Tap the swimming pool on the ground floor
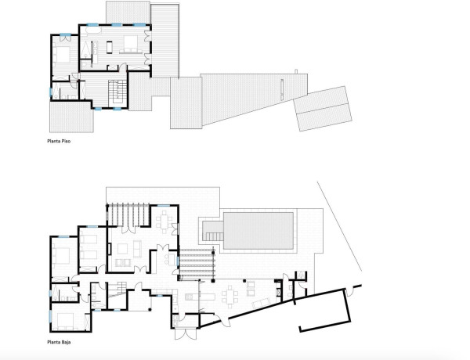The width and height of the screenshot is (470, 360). click(258, 229)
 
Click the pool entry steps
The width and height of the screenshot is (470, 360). click(211, 231)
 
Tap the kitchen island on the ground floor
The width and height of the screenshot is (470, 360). click(196, 297)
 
